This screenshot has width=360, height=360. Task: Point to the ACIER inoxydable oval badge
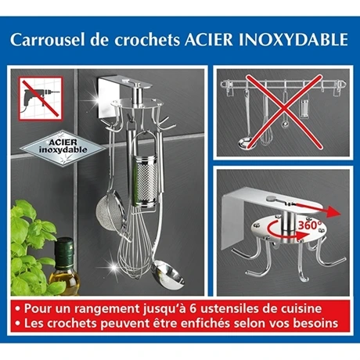click(x=58, y=146)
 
